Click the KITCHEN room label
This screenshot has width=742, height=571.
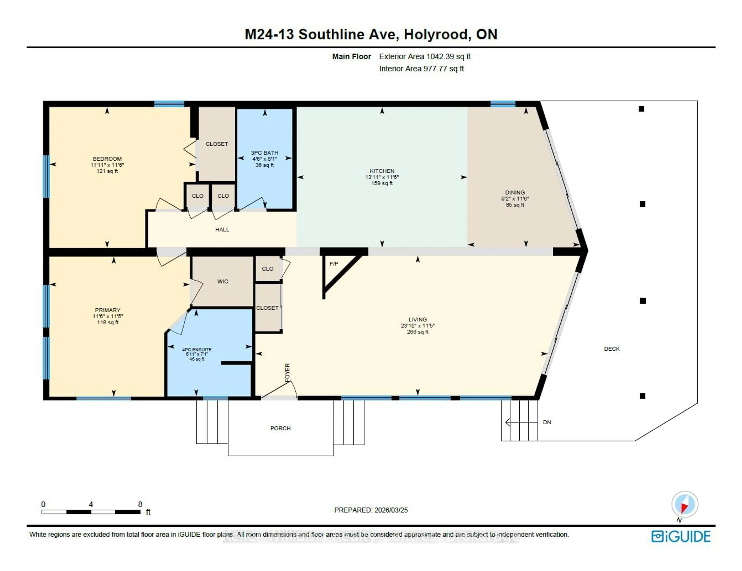tap(382, 171)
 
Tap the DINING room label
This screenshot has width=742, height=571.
tap(515, 192)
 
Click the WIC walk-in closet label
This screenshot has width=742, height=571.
tap(223, 281)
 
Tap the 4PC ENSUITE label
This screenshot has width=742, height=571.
tap(197, 349)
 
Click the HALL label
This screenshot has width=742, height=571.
tap(222, 230)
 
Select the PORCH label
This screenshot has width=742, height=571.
tap(280, 428)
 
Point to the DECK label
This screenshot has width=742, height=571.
tap(612, 349)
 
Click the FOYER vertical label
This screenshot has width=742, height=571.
tap(287, 372)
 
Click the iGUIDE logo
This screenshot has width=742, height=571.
tap(681, 536)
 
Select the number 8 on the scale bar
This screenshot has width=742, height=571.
tap(140, 504)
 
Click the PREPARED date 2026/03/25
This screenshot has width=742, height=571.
tap(391, 510)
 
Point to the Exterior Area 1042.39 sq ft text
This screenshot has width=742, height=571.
tap(425, 57)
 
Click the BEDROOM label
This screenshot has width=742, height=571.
tap(107, 159)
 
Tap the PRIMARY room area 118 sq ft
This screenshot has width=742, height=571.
tap(108, 322)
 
